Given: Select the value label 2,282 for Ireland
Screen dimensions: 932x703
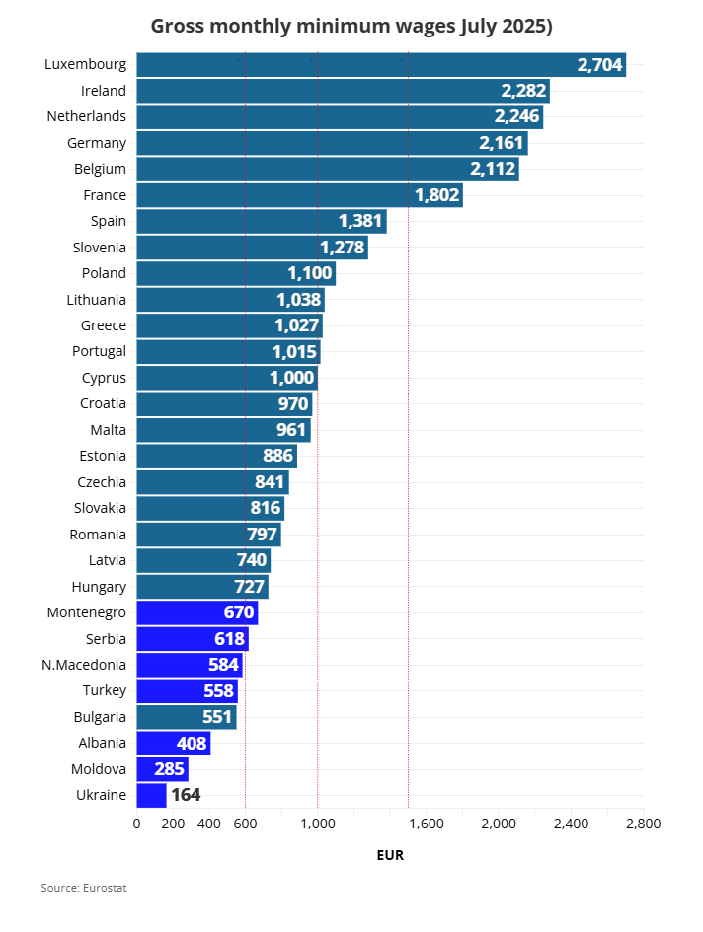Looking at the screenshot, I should click(x=522, y=91).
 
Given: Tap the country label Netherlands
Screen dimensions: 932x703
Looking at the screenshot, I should click(x=87, y=116).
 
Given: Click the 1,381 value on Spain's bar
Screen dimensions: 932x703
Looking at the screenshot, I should click(x=360, y=221).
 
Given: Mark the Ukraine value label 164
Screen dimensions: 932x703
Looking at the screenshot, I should click(x=187, y=795).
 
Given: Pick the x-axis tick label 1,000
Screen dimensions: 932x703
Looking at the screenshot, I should click(x=318, y=824).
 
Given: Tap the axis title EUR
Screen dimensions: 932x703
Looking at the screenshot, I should click(x=390, y=855).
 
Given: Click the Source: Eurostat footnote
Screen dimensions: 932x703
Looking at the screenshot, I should click(x=84, y=888).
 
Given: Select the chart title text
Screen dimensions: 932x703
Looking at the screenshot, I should click(x=351, y=27).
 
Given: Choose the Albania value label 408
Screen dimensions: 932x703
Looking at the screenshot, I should click(x=192, y=743).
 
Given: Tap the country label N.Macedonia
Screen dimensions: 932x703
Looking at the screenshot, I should click(x=84, y=665).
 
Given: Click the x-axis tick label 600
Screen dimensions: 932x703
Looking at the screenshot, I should click(x=245, y=824).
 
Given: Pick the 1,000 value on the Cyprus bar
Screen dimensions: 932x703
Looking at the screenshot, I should click(x=292, y=378).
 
